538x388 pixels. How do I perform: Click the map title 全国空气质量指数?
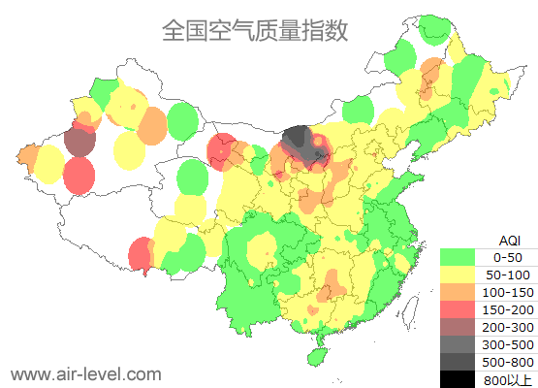point(255,31)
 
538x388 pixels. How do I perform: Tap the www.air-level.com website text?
point(85,373)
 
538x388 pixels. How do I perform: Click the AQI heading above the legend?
point(509,240)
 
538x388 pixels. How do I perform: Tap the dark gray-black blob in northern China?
point(303,145)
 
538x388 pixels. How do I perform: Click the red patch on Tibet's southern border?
point(141,254)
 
